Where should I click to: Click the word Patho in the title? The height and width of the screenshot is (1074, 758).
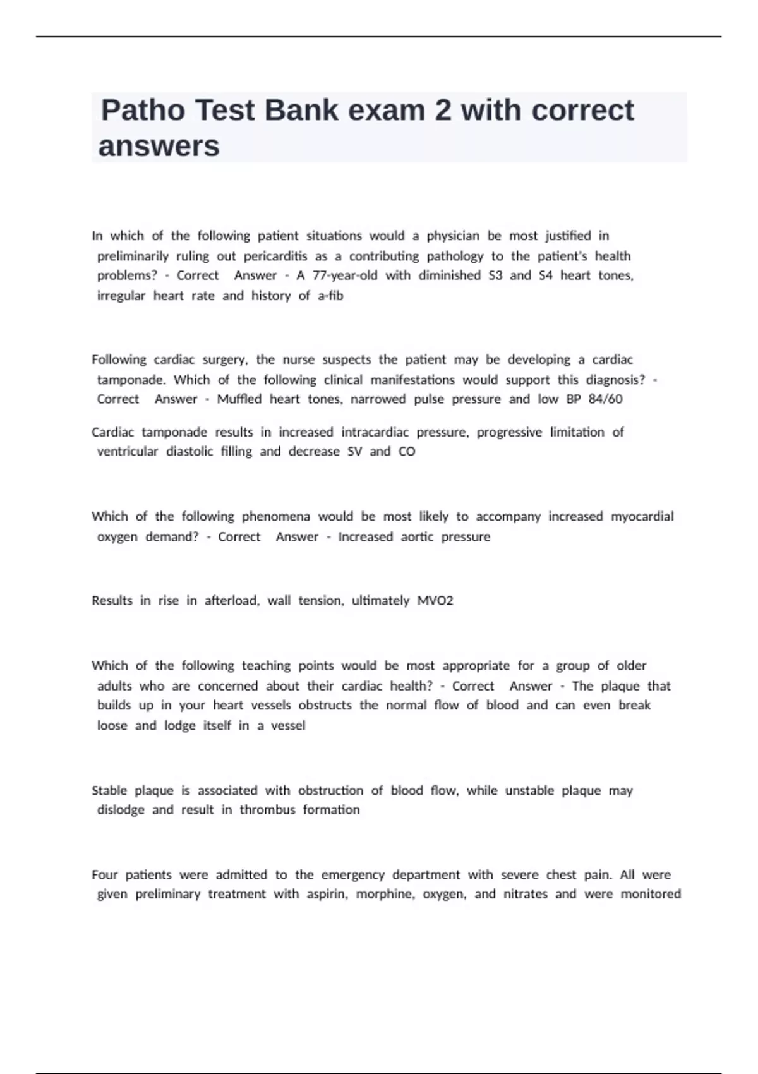click(143, 111)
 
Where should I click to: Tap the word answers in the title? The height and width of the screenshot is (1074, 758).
click(159, 147)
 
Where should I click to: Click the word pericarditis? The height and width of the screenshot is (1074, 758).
click(275, 256)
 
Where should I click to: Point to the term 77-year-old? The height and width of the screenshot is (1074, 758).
click(345, 275)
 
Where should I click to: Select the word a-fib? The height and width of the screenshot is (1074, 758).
click(330, 296)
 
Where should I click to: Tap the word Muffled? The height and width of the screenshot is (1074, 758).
click(239, 399)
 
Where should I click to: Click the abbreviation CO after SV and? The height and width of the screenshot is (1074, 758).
click(407, 452)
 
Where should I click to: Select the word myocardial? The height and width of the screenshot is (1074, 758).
click(642, 516)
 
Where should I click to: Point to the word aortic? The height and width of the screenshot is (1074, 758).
click(417, 537)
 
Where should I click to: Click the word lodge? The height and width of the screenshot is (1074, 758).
click(180, 726)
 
